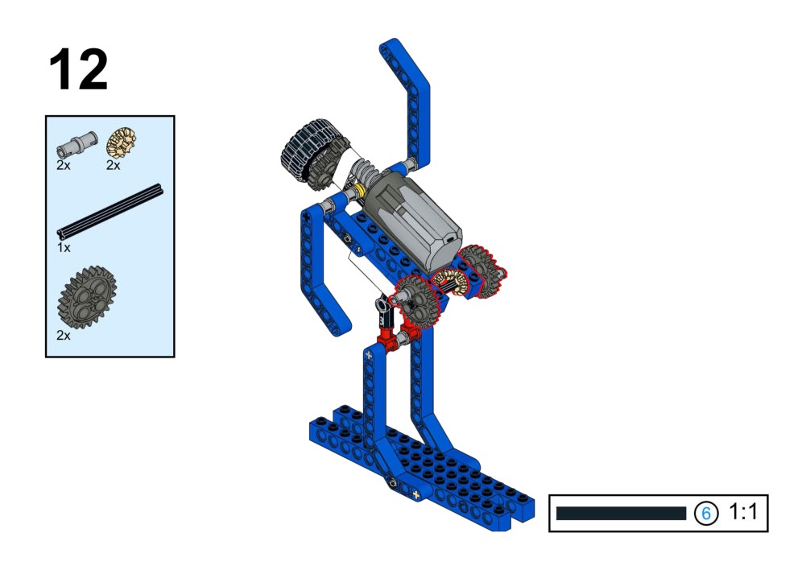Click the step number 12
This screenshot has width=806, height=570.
click(78, 69)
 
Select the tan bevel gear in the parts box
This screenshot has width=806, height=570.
click(122, 142)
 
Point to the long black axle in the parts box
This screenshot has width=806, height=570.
click(110, 212)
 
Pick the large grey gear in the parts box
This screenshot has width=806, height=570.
click(87, 297)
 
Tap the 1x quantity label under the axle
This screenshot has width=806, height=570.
click(64, 248)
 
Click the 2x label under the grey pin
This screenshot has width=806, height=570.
click(64, 165)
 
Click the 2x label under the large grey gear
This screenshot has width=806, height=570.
click(64, 335)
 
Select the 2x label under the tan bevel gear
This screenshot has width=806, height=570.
click(113, 165)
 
